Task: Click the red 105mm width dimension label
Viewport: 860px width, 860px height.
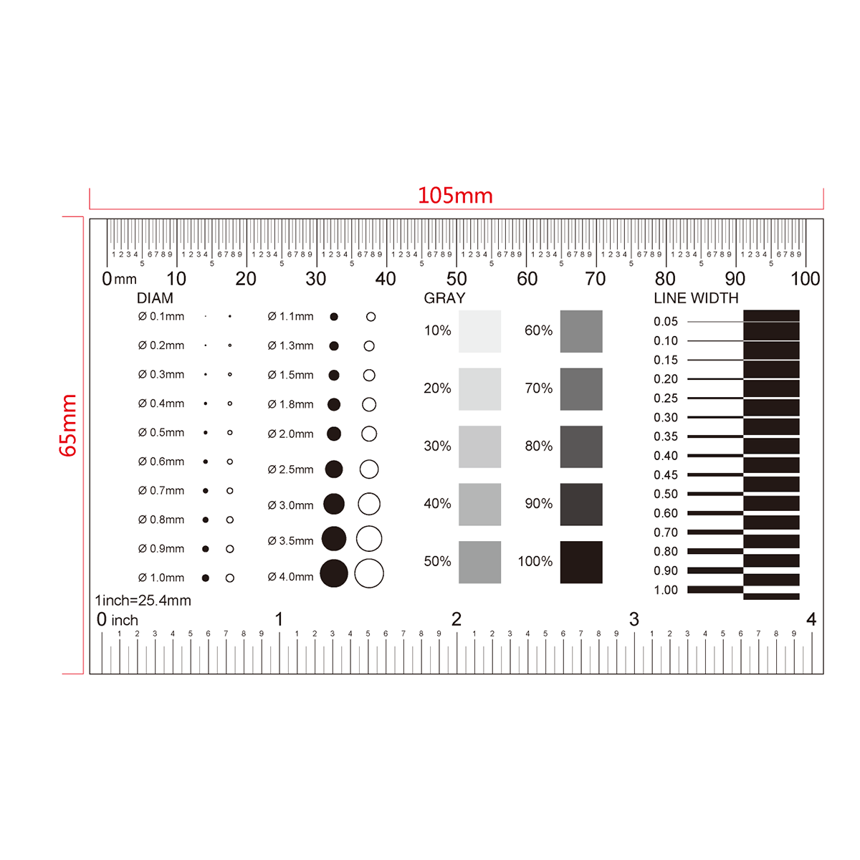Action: point(455,196)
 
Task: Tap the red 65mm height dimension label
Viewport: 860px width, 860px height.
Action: point(68,425)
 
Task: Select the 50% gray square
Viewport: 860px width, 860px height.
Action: point(479,562)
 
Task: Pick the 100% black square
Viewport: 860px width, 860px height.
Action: point(581,562)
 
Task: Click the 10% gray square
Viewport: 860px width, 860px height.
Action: point(479,331)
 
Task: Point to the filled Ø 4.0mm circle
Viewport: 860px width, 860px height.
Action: point(334,573)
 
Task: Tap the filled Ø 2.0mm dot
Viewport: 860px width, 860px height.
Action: point(334,434)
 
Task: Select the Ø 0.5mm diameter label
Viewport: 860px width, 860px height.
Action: point(161,432)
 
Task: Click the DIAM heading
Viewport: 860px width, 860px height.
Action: point(155,297)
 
